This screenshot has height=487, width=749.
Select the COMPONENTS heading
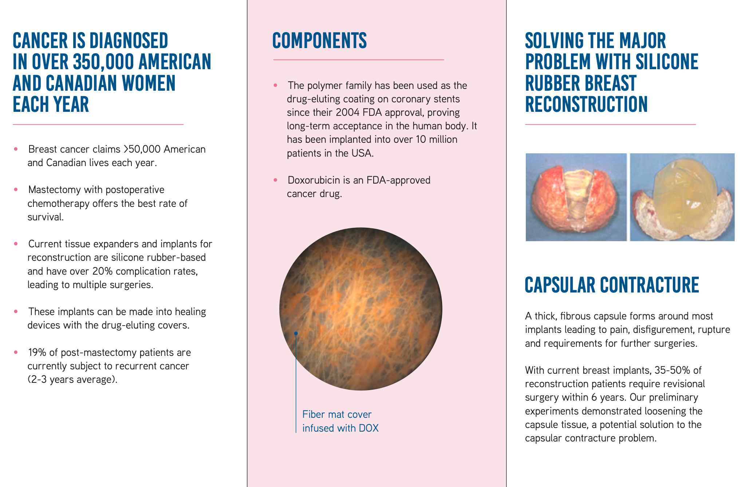point(319,40)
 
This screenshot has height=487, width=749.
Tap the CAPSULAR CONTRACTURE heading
point(612,285)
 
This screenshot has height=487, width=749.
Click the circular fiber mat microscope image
point(361,309)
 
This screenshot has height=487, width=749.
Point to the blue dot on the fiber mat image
point(296,333)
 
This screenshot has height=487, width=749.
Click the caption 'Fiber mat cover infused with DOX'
point(340,421)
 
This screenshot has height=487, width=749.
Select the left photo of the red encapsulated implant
point(576,197)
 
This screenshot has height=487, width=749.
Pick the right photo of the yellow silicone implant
point(682,197)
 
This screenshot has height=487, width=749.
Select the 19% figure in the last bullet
point(37,352)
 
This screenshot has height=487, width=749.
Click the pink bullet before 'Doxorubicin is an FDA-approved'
point(276,180)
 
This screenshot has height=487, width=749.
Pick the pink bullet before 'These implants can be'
point(16,311)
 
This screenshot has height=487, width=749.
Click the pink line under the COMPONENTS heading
point(359,60)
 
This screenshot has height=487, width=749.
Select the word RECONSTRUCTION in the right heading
point(586,104)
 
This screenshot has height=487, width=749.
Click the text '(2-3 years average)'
point(72,380)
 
